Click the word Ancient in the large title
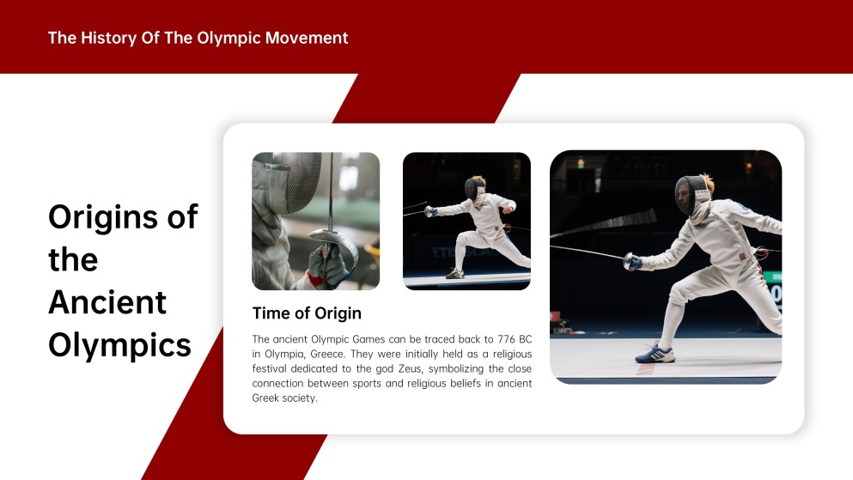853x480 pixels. coord(107,301)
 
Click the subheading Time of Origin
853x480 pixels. coord(307,313)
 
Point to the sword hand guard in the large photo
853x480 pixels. coord(631,262)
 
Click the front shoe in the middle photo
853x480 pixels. coord(454,274)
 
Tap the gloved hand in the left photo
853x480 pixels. coord(326,266)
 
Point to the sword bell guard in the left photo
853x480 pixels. coord(333,242)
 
